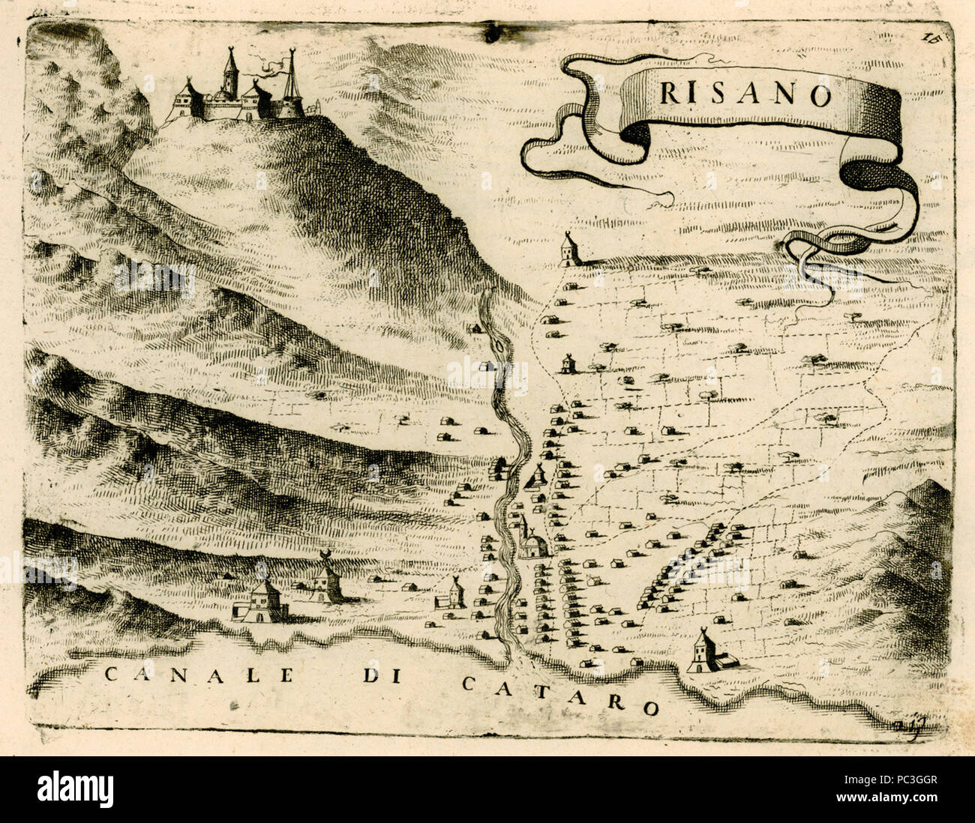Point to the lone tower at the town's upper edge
[569, 250]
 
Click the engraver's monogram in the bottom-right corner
[909, 726]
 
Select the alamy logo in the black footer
[75, 789]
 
